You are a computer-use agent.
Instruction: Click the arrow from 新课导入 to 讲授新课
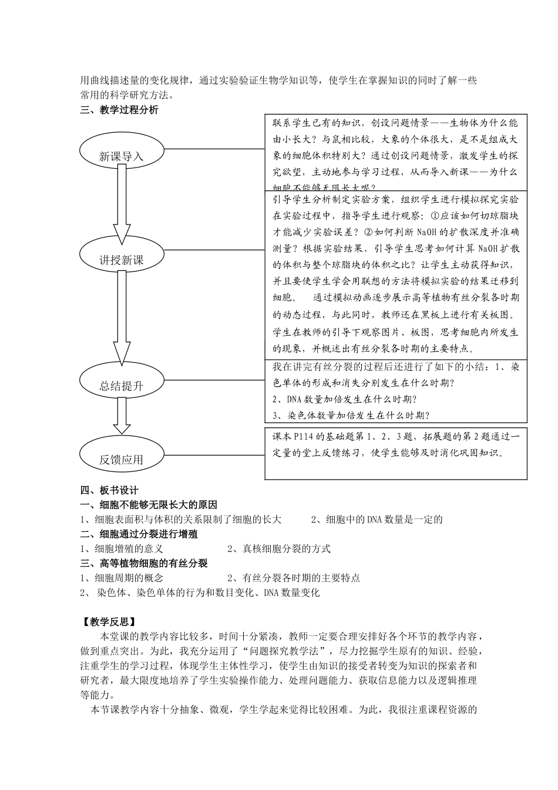pos(122,203)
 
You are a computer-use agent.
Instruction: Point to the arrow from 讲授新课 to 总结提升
pos(122,317)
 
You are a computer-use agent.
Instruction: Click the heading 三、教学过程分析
pos(119,109)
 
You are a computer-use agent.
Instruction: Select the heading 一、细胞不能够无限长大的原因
pos(149,504)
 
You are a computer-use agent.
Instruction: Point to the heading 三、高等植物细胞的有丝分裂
pos(144,563)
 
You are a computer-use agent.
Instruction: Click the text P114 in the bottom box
pos(298,437)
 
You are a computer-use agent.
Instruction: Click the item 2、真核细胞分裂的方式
pos(279,548)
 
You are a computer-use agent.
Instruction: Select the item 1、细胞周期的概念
pos(122,578)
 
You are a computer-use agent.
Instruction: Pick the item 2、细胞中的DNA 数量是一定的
pos(377,519)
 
